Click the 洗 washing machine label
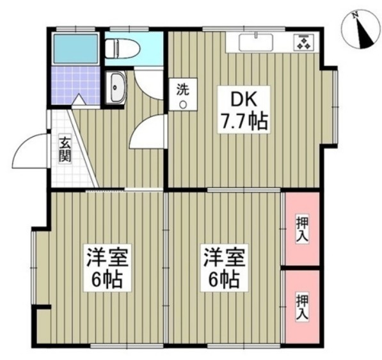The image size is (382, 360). tap(183, 90)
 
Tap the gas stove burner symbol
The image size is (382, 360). tap(303, 42)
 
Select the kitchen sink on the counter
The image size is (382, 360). tap(258, 43)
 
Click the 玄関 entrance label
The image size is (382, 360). tap(65, 149)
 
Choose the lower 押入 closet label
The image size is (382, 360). tap(301, 306)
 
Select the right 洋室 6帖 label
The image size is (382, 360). tap(222, 269)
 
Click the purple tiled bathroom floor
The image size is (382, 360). tap(75, 84)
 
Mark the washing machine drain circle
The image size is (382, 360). tap(183, 105)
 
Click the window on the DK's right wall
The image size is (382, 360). tap(334, 106)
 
